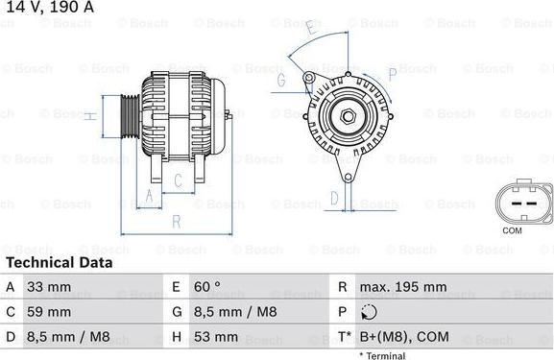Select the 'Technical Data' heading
tap(59, 262)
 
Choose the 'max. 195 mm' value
tap(403, 287)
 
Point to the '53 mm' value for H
tap(218, 337)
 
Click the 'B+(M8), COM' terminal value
tap(402, 337)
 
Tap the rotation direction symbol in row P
tap(370, 312)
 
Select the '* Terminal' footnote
tap(382, 355)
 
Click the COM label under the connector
tap(513, 231)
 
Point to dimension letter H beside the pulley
tap(88, 117)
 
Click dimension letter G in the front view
tap(281, 82)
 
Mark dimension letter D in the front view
tap(334, 199)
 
